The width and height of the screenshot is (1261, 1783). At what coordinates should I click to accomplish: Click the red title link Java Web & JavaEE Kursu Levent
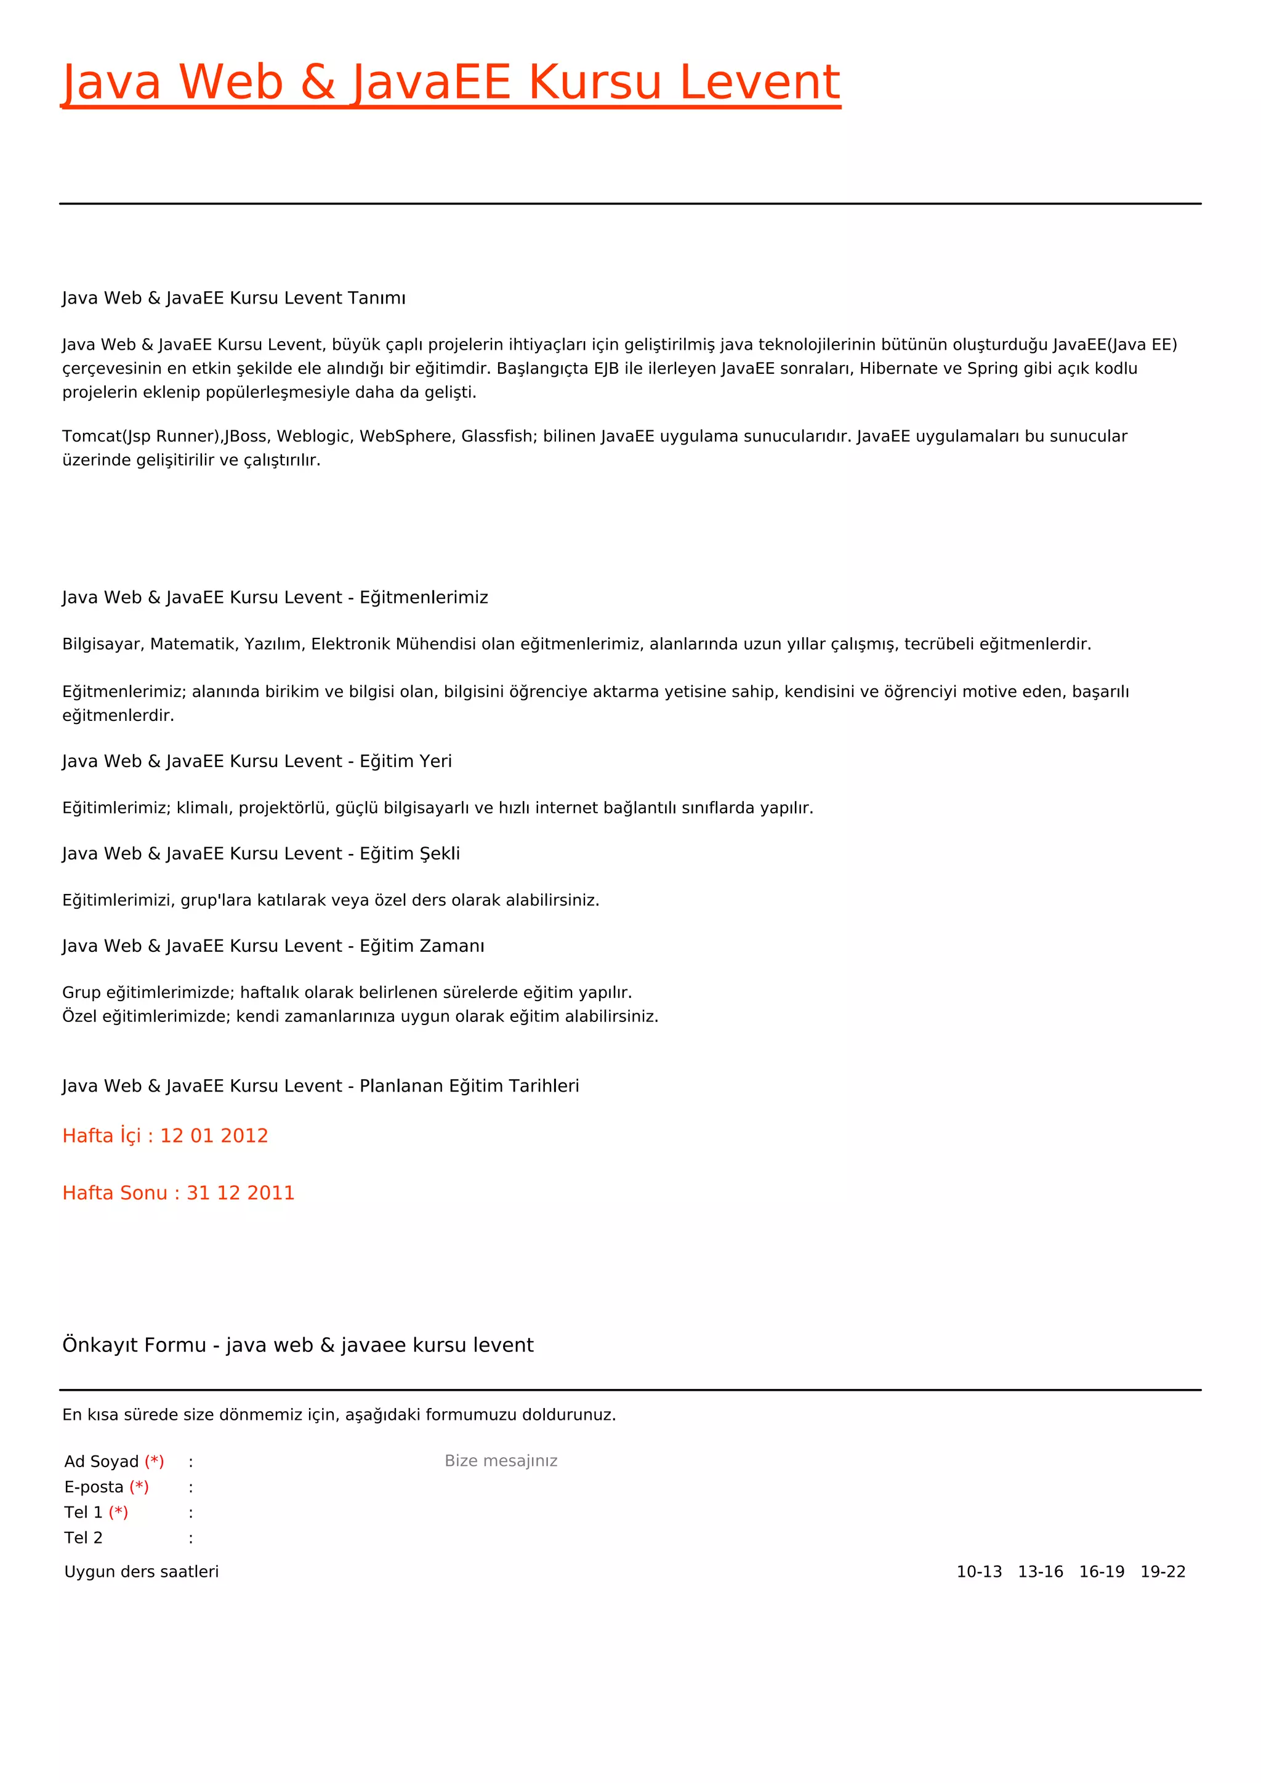click(450, 83)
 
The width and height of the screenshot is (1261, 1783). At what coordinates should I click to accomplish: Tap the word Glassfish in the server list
click(497, 437)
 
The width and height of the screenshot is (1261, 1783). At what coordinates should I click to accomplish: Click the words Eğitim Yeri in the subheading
click(405, 761)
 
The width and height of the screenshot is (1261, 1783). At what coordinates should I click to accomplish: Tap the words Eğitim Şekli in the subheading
click(409, 853)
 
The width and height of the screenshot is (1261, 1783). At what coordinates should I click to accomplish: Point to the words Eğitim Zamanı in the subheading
click(422, 946)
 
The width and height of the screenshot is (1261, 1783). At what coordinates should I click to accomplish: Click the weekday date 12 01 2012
click(214, 1135)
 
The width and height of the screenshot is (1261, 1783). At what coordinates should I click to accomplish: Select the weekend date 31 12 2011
click(241, 1193)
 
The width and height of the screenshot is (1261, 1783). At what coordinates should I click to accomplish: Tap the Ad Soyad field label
click(102, 1462)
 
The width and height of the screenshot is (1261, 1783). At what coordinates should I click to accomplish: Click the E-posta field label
click(94, 1487)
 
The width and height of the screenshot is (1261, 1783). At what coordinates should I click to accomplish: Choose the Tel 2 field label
click(83, 1537)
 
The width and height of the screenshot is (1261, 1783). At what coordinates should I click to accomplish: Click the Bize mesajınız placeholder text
click(501, 1461)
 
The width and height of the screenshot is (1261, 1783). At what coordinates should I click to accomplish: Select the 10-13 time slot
click(979, 1572)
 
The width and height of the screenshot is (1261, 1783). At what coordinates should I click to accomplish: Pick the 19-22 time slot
click(1162, 1572)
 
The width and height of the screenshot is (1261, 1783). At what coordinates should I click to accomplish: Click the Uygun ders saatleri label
click(142, 1572)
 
